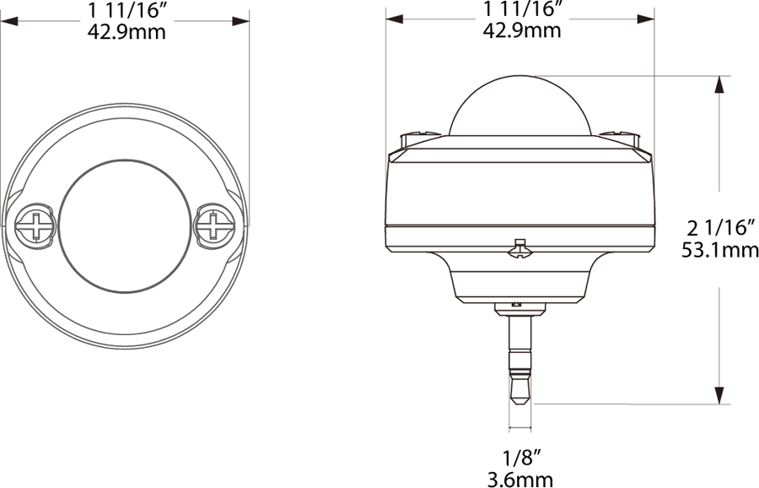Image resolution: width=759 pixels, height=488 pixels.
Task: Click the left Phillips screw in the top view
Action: click(x=36, y=225)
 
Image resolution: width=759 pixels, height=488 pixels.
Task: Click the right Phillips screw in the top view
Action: click(x=213, y=225)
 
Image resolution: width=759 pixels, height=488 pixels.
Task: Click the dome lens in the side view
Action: click(x=521, y=107)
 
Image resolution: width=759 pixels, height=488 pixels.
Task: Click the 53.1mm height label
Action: click(x=719, y=249)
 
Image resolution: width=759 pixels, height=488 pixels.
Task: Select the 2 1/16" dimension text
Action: click(x=719, y=226)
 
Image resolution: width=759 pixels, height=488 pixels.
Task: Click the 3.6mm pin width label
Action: click(x=520, y=480)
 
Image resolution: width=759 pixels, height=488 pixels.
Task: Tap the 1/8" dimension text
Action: click(x=520, y=458)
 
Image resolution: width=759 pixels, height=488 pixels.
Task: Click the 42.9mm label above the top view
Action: click(x=126, y=32)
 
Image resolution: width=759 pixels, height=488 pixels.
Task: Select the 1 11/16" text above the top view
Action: click(x=126, y=11)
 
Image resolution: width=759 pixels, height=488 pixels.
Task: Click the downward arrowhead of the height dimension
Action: click(x=719, y=396)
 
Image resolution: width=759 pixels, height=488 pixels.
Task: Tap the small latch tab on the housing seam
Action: click(x=520, y=247)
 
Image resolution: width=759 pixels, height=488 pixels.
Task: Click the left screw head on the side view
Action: click(x=420, y=135)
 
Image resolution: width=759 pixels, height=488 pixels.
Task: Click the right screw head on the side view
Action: click(x=621, y=134)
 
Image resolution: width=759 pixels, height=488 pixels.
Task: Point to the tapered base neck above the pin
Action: click(x=520, y=283)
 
